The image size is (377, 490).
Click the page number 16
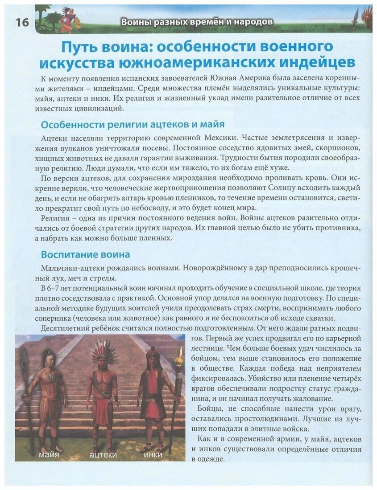[x=17, y=23]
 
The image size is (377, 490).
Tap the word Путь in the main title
[x=80, y=47]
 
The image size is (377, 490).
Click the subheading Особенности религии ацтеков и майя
[x=133, y=124]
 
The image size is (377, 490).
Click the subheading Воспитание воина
[x=85, y=255]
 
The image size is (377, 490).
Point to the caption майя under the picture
[x=49, y=455]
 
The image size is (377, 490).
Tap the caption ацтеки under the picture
[x=103, y=455]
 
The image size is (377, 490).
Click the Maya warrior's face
[x=49, y=359]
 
